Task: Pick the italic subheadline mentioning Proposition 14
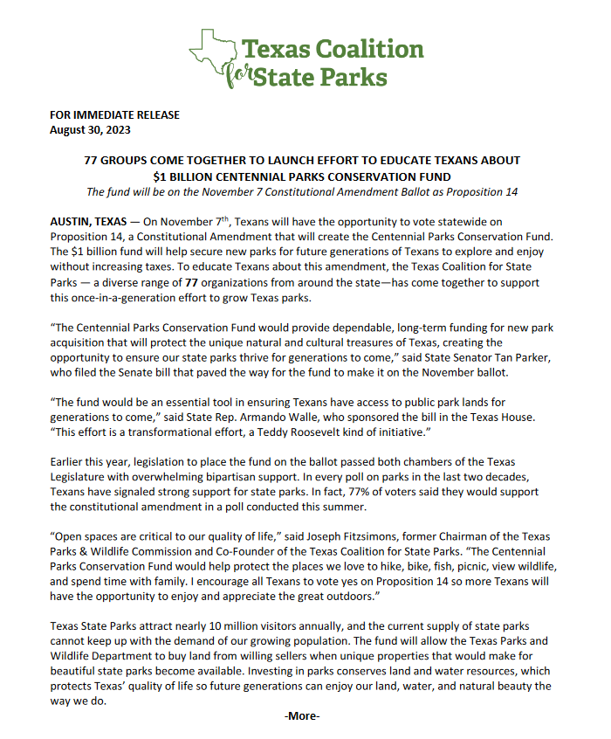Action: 302,191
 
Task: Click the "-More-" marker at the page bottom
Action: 302,716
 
